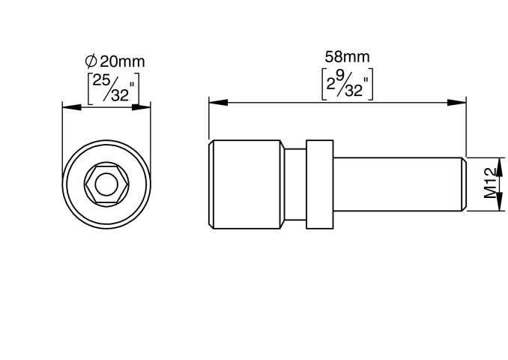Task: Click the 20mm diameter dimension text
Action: pyautogui.click(x=122, y=61)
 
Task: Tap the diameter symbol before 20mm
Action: pyautogui.click(x=91, y=61)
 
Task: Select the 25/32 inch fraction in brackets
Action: pyautogui.click(x=113, y=88)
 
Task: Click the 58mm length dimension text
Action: pyautogui.click(x=347, y=57)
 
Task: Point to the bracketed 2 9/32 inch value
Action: pyautogui.click(x=347, y=84)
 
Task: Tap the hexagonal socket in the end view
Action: pyautogui.click(x=106, y=184)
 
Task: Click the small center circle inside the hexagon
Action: pyautogui.click(x=106, y=184)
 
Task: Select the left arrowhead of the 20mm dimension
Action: pyautogui.click(x=72, y=107)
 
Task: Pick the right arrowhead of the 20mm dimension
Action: pyautogui.click(x=142, y=107)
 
